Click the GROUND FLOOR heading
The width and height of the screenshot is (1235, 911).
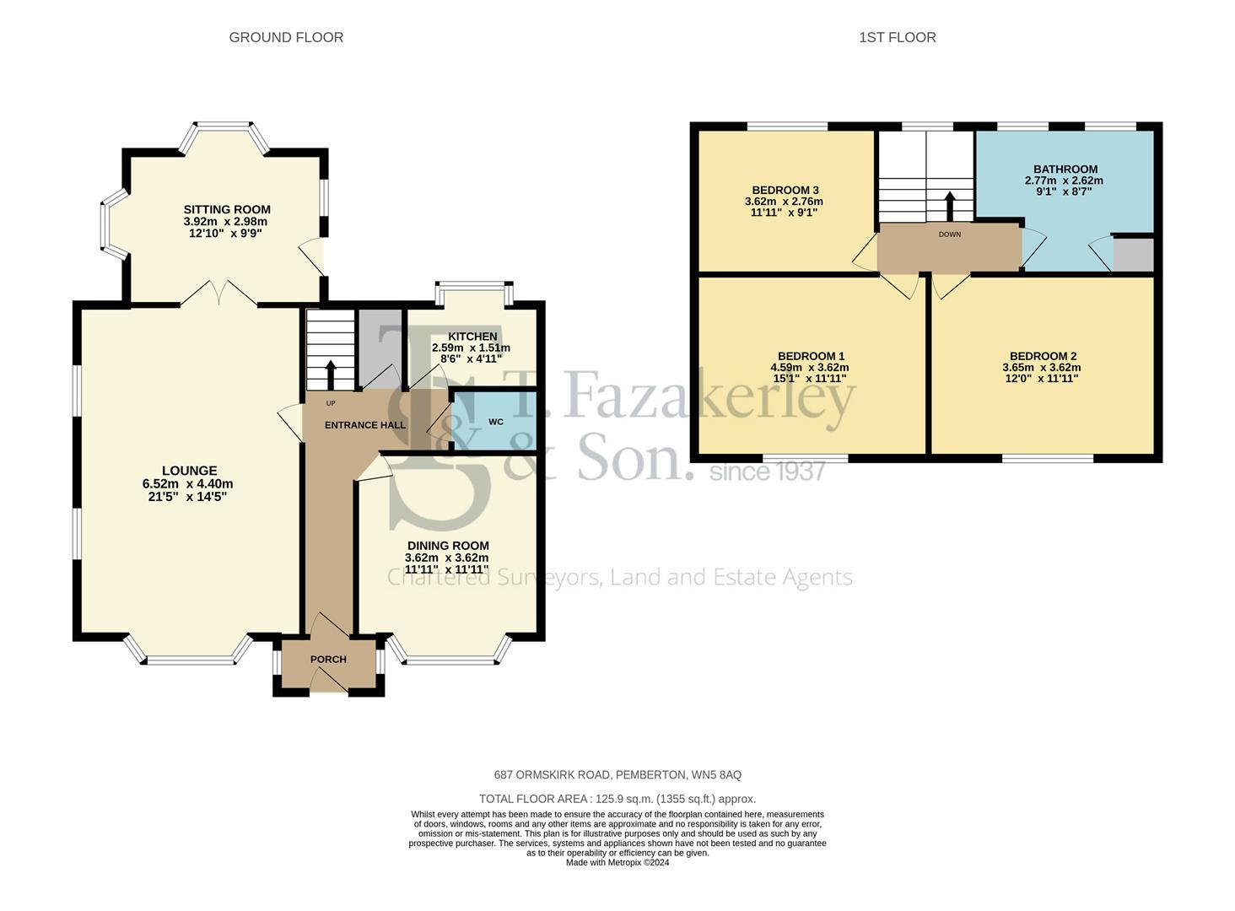(286, 37)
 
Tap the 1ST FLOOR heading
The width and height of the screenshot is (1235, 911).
(897, 37)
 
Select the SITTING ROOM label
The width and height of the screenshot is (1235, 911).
(227, 209)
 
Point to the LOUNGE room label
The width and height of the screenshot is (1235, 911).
(189, 471)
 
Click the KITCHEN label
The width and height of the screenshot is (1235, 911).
(472, 337)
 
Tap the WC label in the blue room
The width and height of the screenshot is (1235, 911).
(496, 422)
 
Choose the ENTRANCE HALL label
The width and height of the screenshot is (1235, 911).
(365, 425)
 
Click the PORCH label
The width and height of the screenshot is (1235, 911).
(328, 660)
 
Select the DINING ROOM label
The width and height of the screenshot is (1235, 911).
(448, 546)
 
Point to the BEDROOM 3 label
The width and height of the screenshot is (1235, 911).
(785, 191)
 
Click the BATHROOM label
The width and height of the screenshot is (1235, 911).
(1065, 170)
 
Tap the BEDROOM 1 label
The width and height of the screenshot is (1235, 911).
(811, 356)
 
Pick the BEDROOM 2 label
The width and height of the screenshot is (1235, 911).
(1044, 356)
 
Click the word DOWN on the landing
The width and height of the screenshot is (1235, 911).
(949, 234)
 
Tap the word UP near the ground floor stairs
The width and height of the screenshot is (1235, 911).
(331, 403)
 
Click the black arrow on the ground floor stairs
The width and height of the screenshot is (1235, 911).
(330, 375)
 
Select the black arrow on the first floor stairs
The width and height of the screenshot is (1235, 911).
(949, 207)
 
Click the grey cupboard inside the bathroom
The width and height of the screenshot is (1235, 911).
(1133, 255)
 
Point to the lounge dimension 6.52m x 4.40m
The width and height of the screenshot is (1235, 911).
(187, 483)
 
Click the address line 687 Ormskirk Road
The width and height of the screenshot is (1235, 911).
(617, 775)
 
